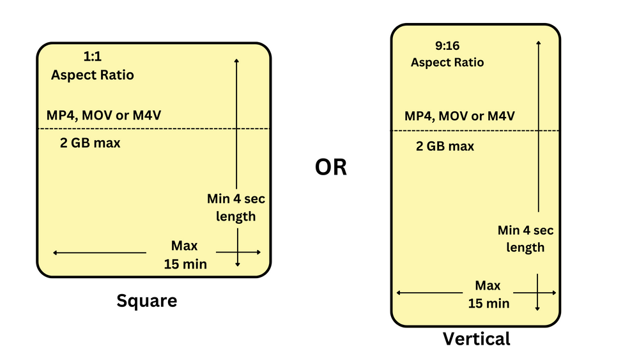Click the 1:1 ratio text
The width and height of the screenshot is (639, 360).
coord(92,56)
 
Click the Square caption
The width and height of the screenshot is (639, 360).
coord(146,300)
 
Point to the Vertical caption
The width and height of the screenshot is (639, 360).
coord(477,338)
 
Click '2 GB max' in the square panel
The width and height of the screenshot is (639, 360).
coord(90,143)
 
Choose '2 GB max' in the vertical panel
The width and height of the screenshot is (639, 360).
coord(445,146)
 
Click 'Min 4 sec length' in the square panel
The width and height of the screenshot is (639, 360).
coord(236,207)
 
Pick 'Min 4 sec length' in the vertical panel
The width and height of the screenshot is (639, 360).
coord(525,239)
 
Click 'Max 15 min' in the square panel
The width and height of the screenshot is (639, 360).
coord(185,254)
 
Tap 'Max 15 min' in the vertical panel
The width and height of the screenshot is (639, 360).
coord(488,294)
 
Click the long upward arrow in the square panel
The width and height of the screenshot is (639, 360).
coord(236,121)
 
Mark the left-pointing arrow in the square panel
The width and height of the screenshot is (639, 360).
coord(99,253)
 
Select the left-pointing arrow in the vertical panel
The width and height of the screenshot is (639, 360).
coord(429,293)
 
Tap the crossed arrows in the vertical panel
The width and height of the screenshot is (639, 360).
coord(537,293)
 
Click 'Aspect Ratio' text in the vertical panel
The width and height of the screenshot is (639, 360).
coord(447,62)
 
